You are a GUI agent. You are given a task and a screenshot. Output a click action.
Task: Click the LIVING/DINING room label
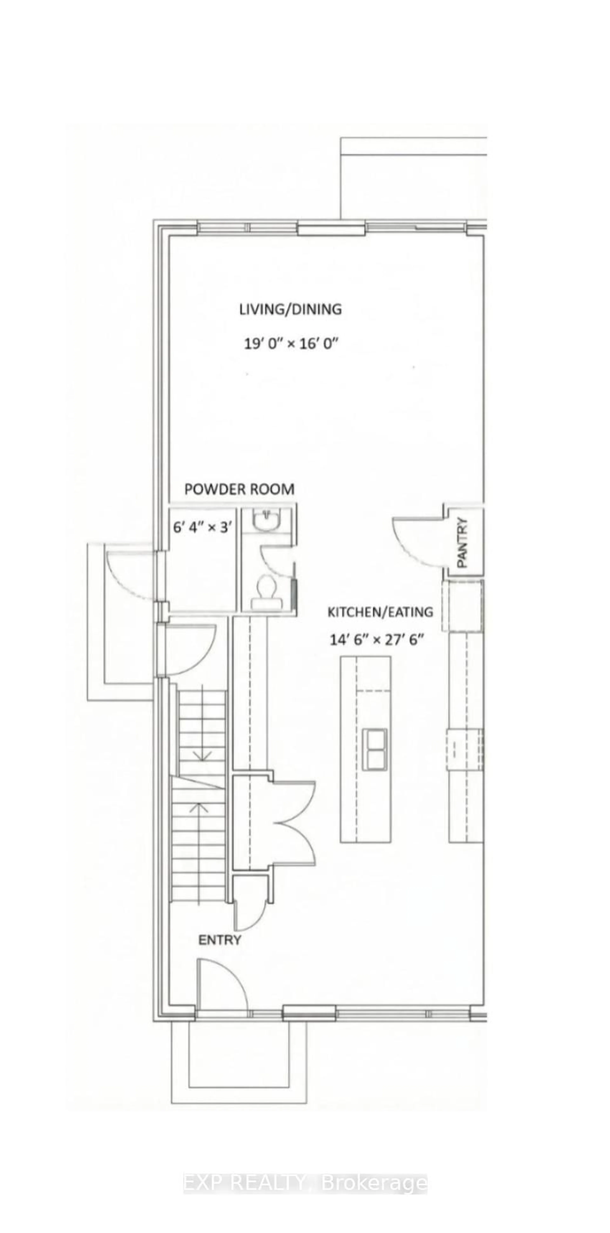(290, 309)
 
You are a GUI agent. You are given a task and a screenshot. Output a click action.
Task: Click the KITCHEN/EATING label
(380, 612)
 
